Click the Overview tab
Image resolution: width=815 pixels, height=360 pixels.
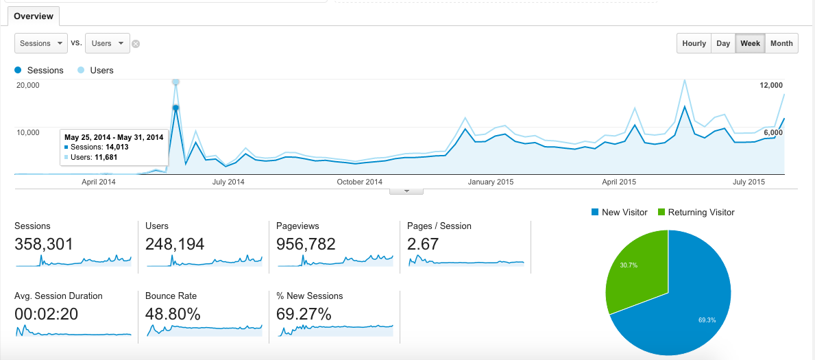34,16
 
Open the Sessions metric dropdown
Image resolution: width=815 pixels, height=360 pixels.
41,43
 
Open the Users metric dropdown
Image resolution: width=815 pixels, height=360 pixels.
108,43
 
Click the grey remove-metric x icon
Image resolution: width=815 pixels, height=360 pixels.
136,44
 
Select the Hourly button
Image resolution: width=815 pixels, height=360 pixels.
694,43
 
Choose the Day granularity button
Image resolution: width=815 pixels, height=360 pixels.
723,43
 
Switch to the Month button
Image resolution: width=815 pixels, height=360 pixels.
781,43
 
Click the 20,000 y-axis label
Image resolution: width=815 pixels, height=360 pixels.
28,85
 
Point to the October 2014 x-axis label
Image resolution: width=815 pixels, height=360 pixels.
360,182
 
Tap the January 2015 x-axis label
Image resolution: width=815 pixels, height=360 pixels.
491,182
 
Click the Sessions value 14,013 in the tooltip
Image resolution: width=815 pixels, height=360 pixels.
117,147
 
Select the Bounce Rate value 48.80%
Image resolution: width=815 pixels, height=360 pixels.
173,314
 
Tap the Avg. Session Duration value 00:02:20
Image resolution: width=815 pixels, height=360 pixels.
46,314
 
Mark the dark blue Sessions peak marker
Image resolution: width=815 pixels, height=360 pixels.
175,108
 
